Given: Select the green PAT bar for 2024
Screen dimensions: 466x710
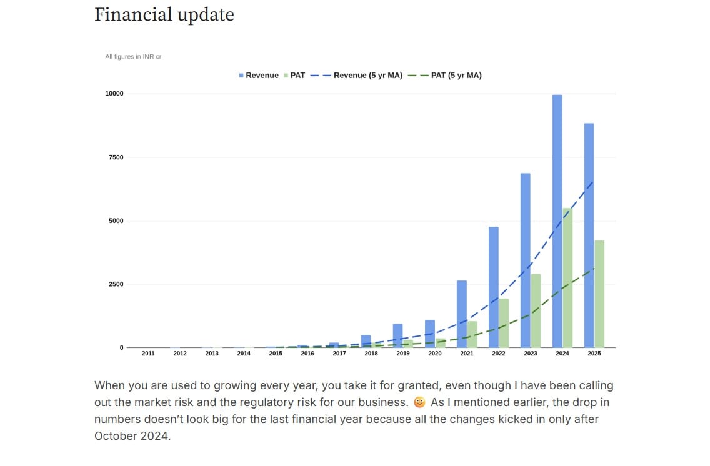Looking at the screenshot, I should point(567,278).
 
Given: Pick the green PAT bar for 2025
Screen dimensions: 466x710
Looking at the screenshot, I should point(599,294).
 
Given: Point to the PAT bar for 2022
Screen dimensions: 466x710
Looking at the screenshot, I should point(504,323).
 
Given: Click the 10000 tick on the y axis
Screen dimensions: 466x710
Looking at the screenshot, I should point(114,94).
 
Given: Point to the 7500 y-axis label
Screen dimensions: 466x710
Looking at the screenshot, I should point(116,157).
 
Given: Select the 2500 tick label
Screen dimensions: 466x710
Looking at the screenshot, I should point(116,284).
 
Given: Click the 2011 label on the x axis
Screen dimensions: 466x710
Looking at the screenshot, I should point(148,354).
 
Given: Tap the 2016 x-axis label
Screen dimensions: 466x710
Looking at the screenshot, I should point(307,354).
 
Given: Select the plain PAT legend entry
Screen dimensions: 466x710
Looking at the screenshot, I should point(294,75).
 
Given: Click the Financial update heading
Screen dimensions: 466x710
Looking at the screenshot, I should point(164,14).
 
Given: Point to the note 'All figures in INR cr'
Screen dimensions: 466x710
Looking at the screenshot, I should point(133,57).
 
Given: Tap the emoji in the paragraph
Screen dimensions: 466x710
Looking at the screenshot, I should point(419,402).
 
